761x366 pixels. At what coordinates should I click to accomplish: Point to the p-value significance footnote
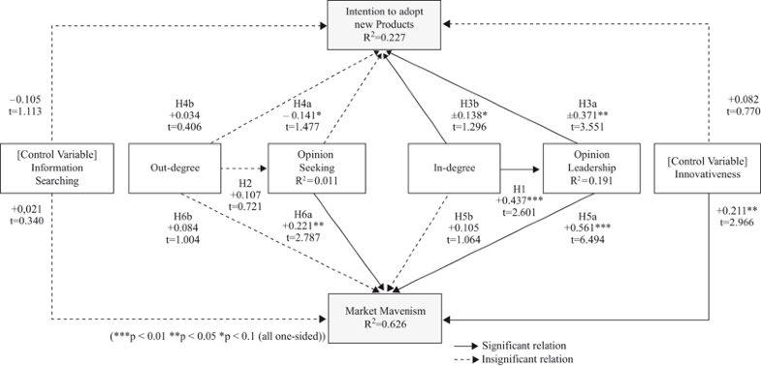click(x=217, y=335)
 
